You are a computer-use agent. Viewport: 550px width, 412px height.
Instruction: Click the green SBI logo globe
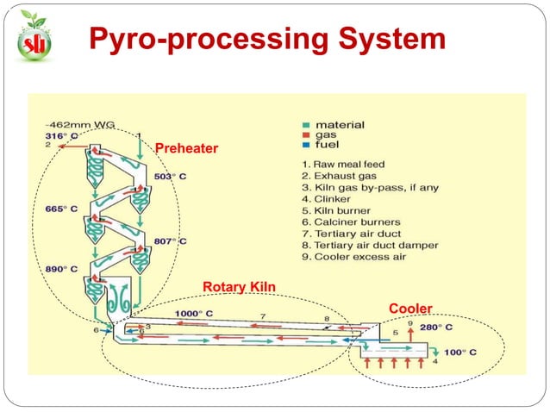(x=34, y=43)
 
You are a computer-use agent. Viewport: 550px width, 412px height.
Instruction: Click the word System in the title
(x=392, y=38)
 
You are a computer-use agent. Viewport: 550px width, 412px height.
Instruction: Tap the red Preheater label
(x=186, y=148)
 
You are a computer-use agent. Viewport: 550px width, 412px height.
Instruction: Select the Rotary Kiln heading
(x=239, y=286)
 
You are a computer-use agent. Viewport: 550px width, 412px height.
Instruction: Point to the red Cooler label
(x=410, y=309)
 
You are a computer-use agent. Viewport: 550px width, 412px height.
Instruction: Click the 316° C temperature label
(x=61, y=136)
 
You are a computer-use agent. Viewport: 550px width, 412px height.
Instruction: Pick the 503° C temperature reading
(x=170, y=176)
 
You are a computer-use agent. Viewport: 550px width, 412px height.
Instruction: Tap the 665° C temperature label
(x=61, y=209)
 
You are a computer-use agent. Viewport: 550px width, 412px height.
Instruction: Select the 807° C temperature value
(x=170, y=241)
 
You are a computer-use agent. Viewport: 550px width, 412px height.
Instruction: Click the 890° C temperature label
(x=61, y=269)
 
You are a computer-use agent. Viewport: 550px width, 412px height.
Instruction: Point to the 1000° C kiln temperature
(x=194, y=314)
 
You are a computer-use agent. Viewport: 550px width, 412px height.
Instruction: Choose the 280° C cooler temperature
(x=436, y=328)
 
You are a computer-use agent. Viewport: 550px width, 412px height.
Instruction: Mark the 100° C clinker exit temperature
(x=460, y=353)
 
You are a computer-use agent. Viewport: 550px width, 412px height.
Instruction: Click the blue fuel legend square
(x=306, y=145)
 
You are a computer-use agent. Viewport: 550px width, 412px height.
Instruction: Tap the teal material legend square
(x=306, y=125)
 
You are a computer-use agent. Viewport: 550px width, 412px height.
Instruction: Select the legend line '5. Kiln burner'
(x=336, y=210)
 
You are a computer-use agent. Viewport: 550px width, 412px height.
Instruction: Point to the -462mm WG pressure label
(x=80, y=125)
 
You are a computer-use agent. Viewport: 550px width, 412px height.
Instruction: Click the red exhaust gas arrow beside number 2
(x=72, y=147)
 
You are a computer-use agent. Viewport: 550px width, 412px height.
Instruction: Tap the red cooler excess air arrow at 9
(x=410, y=335)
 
